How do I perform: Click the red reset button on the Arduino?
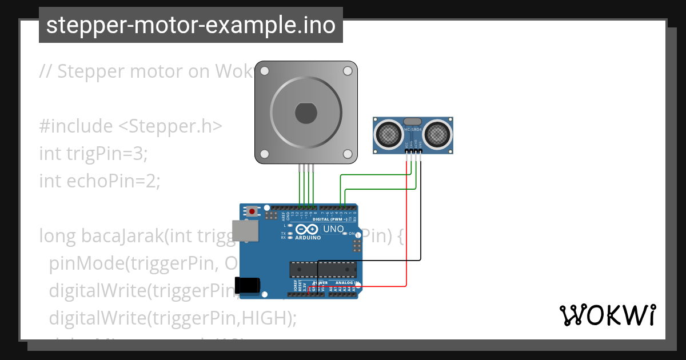[x=252, y=211]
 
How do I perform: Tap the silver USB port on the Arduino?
[x=245, y=231]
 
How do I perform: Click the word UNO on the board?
[x=334, y=229]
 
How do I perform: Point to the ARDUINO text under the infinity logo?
[x=308, y=237]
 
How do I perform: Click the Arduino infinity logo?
[x=308, y=229]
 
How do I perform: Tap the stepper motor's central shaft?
[x=306, y=112]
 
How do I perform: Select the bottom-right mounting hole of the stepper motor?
[x=348, y=154]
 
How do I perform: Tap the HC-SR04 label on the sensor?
[x=412, y=130]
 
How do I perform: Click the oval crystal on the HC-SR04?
[x=412, y=122]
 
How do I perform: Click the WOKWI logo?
[x=607, y=315]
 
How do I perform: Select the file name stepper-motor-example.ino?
[x=191, y=25]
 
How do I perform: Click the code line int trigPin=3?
[x=94, y=153]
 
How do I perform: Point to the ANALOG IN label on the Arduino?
[x=345, y=283]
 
